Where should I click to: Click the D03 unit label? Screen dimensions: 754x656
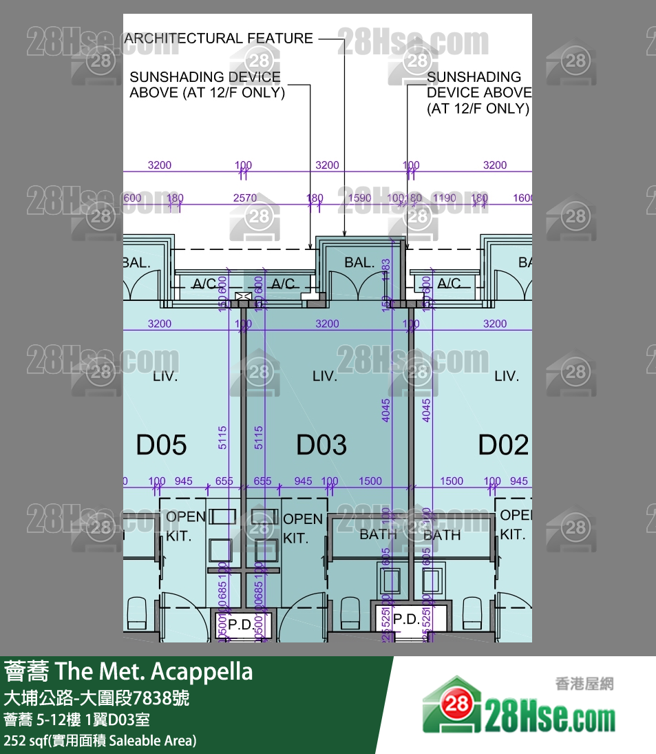click(321, 445)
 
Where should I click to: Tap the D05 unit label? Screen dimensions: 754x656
click(161, 445)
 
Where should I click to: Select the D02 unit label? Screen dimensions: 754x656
click(503, 445)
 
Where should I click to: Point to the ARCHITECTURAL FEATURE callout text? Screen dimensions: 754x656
click(218, 39)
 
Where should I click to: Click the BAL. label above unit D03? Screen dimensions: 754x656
click(359, 262)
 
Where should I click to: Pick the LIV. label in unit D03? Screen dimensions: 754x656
click(325, 377)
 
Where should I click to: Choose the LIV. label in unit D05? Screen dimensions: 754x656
click(165, 377)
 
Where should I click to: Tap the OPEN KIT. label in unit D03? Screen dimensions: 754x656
click(303, 528)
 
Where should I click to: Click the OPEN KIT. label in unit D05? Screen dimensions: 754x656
click(185, 525)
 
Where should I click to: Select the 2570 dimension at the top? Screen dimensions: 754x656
click(245, 198)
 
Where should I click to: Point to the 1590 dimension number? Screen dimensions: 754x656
click(359, 198)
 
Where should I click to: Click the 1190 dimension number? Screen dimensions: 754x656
click(445, 198)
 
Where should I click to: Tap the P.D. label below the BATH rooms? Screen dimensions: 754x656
click(406, 619)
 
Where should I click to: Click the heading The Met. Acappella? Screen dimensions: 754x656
click(154, 671)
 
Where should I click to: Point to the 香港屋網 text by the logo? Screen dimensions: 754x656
click(584, 684)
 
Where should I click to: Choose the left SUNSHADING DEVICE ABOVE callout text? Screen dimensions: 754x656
click(206, 85)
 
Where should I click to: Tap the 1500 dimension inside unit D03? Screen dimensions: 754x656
click(370, 481)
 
